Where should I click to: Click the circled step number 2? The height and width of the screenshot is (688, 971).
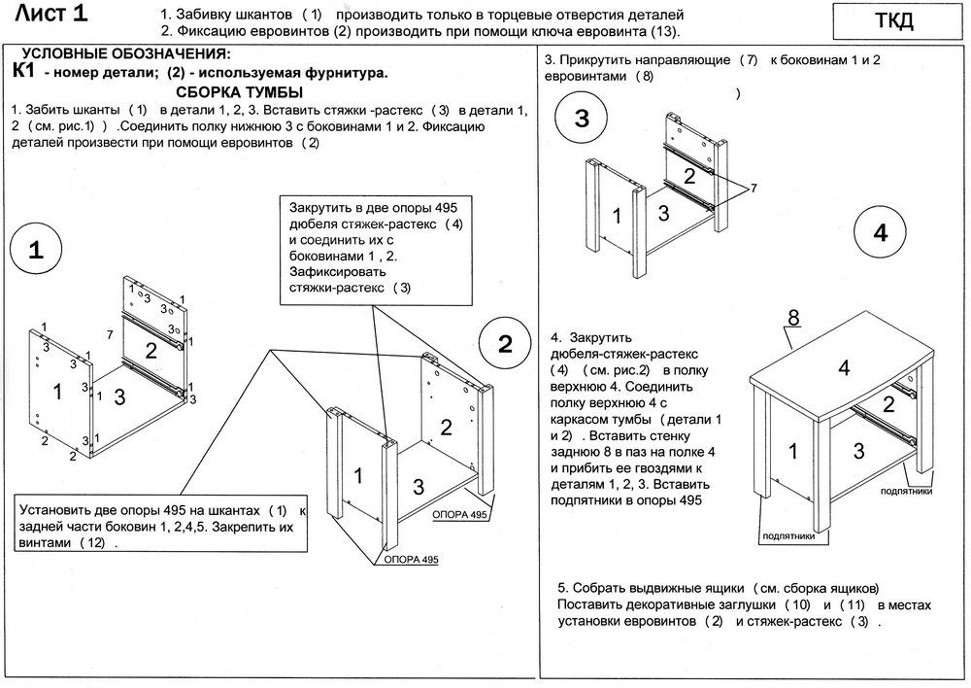(505, 344)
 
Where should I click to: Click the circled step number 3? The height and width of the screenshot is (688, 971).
(581, 119)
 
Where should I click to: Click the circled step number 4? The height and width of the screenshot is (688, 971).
(880, 234)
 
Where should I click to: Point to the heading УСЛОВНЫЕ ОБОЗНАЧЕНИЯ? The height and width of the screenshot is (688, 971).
(126, 53)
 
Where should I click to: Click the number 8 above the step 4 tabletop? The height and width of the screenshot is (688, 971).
(793, 317)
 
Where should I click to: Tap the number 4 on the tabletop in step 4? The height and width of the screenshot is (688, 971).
(844, 367)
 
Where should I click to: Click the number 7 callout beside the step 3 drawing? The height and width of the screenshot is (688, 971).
(753, 186)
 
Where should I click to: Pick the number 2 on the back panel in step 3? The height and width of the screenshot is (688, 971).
(688, 176)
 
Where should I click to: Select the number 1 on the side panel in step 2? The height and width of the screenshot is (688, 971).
(358, 475)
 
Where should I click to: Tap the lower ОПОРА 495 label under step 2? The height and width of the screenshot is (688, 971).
(412, 560)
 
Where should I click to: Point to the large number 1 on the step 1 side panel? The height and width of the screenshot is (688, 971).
(59, 392)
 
